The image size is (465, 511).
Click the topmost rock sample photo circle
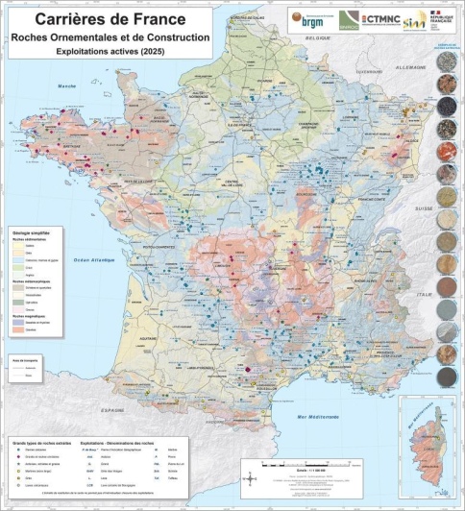447,61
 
